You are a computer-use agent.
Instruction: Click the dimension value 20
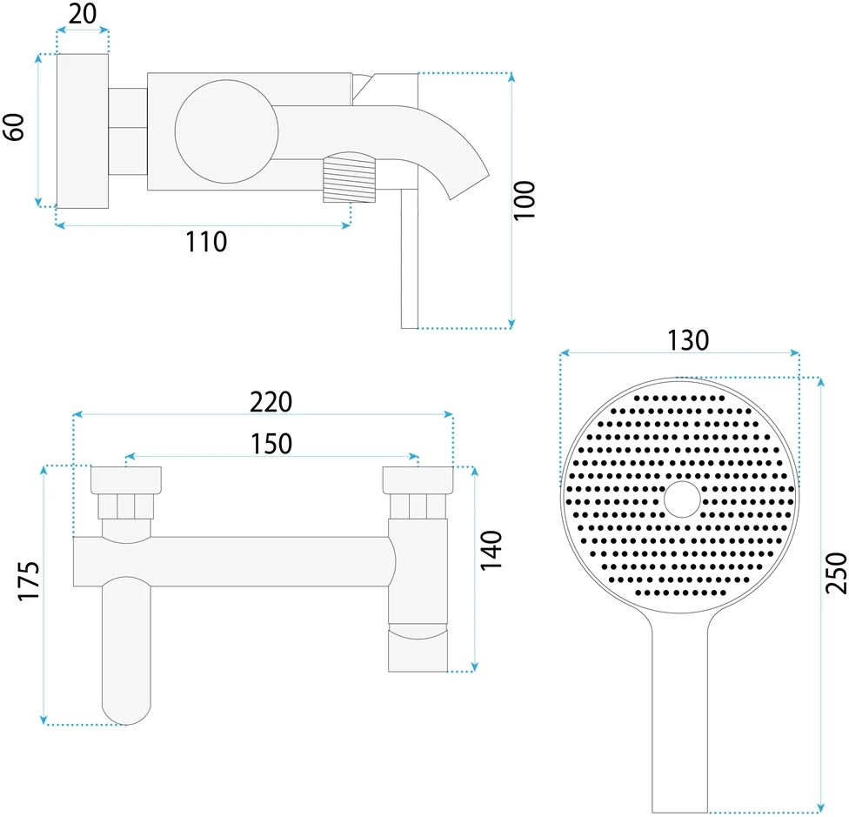click(x=83, y=14)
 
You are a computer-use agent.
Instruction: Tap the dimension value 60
click(x=14, y=127)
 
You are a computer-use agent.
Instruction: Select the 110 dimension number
click(x=206, y=242)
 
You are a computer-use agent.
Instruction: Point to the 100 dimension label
click(x=524, y=200)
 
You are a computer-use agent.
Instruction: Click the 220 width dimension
click(x=271, y=402)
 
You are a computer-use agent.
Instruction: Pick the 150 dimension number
click(x=271, y=444)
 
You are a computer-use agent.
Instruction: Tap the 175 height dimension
click(x=29, y=581)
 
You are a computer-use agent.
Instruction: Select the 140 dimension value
click(x=491, y=550)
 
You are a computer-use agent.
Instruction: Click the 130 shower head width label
click(x=688, y=340)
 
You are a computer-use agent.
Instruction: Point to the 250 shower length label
click(x=835, y=573)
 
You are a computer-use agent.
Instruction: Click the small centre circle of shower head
click(x=682, y=499)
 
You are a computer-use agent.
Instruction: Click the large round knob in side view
click(x=226, y=131)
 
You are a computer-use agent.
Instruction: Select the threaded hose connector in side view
click(x=349, y=177)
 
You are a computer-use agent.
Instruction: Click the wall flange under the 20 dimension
click(x=83, y=131)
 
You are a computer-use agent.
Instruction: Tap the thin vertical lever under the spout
click(x=410, y=258)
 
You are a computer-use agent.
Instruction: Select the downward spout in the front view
click(x=126, y=650)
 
